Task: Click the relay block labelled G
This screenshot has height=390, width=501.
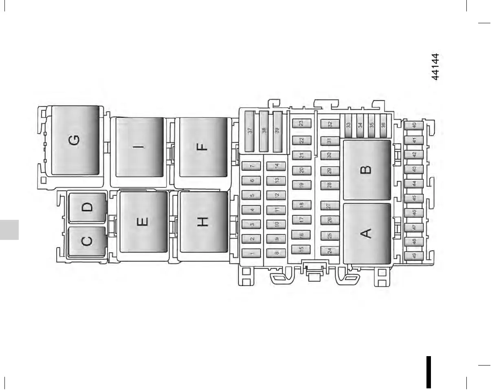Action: pyautogui.click(x=75, y=141)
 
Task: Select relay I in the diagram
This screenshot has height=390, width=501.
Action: pyautogui.click(x=140, y=147)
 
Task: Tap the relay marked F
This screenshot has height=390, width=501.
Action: pyautogui.click(x=203, y=147)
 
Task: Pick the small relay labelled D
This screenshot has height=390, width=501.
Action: pyautogui.click(x=88, y=207)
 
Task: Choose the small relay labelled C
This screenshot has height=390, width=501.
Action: pyautogui.click(x=87, y=242)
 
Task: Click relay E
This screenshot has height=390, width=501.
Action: pyautogui.click(x=143, y=222)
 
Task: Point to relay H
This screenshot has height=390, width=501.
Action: pyautogui.click(x=203, y=222)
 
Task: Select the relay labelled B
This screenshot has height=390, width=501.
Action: pyautogui.click(x=367, y=169)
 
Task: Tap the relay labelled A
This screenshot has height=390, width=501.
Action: pyautogui.click(x=367, y=233)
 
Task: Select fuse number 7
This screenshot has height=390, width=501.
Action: pyautogui.click(x=252, y=166)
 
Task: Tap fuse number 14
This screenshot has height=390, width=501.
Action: pyautogui.click(x=277, y=166)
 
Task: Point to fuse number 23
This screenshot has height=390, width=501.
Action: pyautogui.click(x=302, y=123)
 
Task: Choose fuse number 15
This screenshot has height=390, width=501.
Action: pyautogui.click(x=302, y=248)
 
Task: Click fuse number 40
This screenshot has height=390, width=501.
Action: pyautogui.click(x=414, y=126)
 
